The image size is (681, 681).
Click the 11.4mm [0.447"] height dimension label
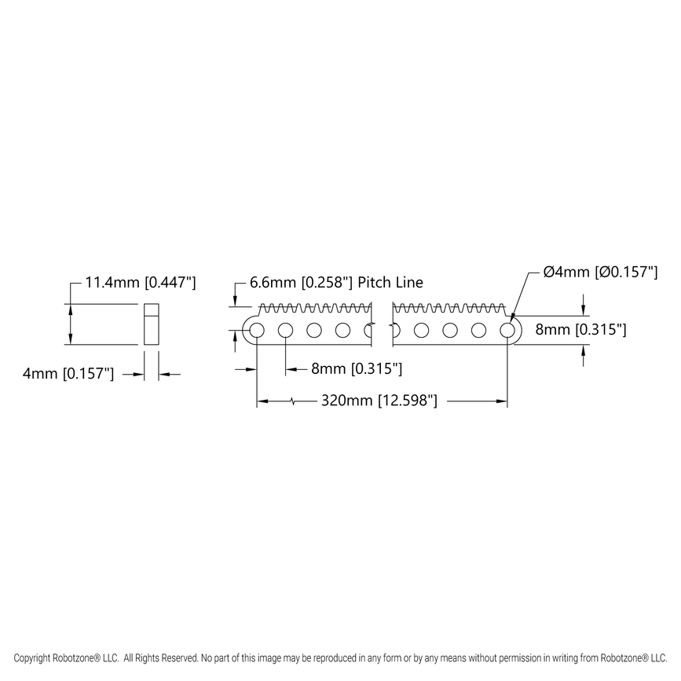click(x=141, y=282)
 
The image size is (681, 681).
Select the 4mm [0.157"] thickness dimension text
click(x=68, y=375)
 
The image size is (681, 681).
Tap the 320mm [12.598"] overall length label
click(x=379, y=401)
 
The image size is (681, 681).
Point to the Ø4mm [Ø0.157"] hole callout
click(x=600, y=273)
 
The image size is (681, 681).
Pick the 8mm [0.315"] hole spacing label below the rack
click(x=357, y=368)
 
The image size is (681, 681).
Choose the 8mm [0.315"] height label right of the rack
click(x=580, y=330)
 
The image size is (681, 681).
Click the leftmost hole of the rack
click(x=257, y=330)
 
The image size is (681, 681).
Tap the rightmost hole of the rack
click(x=507, y=330)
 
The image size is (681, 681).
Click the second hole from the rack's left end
click(x=285, y=330)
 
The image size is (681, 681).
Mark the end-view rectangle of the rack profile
click(x=152, y=324)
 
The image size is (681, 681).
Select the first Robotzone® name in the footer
click(x=76, y=657)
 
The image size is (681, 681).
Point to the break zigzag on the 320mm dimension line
click(x=293, y=401)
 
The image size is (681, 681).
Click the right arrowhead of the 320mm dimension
click(x=502, y=401)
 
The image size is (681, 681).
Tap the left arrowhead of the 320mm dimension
click(x=262, y=401)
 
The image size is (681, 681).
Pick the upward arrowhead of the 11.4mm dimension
click(x=71, y=309)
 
